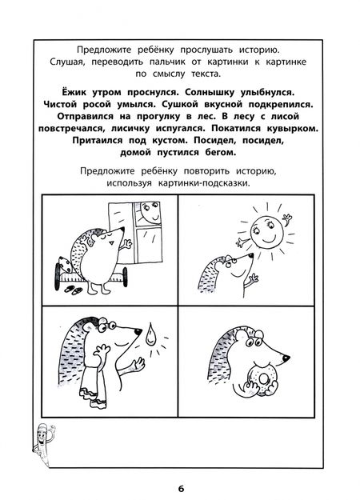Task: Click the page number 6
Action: pyautogui.click(x=181, y=489)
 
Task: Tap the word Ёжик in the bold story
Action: pyautogui.click(x=74, y=92)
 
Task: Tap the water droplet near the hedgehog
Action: pyautogui.click(x=150, y=334)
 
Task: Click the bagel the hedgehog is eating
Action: pyautogui.click(x=262, y=378)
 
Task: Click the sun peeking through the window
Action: pyautogui.click(x=150, y=213)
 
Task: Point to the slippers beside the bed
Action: pyautogui.click(x=74, y=290)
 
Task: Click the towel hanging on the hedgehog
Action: pyautogui.click(x=93, y=386)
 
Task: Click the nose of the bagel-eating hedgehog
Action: pyautogui.click(x=286, y=358)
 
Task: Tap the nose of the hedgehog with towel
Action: pyautogui.click(x=138, y=331)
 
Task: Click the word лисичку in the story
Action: pyautogui.click(x=130, y=129)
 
